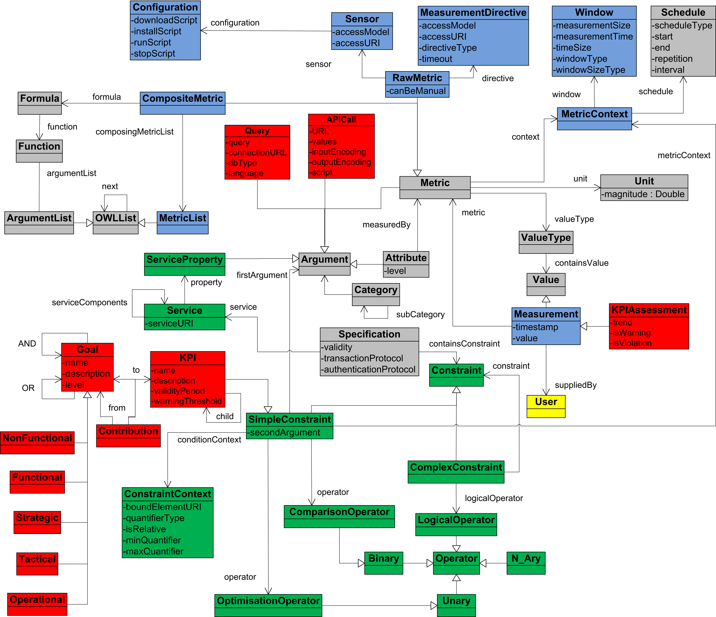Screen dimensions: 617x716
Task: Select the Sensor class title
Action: click(x=362, y=19)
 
